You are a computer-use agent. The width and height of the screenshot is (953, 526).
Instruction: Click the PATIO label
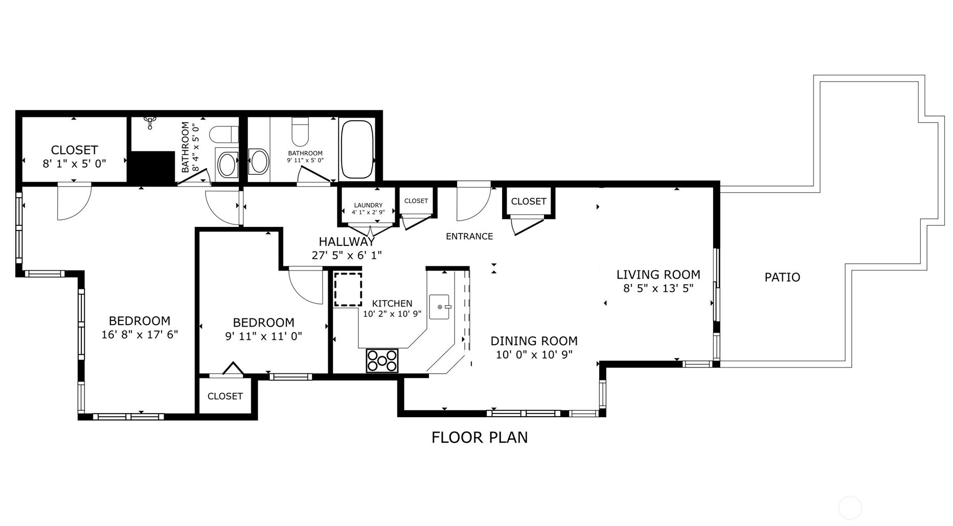(782, 277)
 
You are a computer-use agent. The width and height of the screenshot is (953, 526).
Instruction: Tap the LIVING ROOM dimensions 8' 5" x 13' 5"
(658, 288)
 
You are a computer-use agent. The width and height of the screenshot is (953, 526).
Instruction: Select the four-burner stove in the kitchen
(382, 360)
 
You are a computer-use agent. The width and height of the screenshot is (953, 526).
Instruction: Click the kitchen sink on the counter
(439, 307)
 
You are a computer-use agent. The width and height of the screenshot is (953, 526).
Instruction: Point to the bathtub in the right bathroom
(356, 149)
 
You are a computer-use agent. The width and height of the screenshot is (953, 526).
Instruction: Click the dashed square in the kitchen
(348, 289)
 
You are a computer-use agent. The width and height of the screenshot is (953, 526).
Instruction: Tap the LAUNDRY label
(368, 205)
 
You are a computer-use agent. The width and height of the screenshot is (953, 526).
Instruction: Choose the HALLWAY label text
(347, 242)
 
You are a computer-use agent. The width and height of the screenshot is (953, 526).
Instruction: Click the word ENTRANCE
(469, 236)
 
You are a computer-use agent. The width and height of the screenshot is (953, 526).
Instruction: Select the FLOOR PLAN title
(479, 438)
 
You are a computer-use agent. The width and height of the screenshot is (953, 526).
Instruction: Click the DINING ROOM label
(534, 341)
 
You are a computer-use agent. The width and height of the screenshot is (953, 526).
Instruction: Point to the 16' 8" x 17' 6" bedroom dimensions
(139, 335)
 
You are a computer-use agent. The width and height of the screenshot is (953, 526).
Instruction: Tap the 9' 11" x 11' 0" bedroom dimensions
(263, 336)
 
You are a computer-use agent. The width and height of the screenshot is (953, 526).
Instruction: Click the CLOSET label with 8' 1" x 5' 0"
(74, 150)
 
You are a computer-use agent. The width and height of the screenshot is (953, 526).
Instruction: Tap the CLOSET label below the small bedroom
(225, 396)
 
